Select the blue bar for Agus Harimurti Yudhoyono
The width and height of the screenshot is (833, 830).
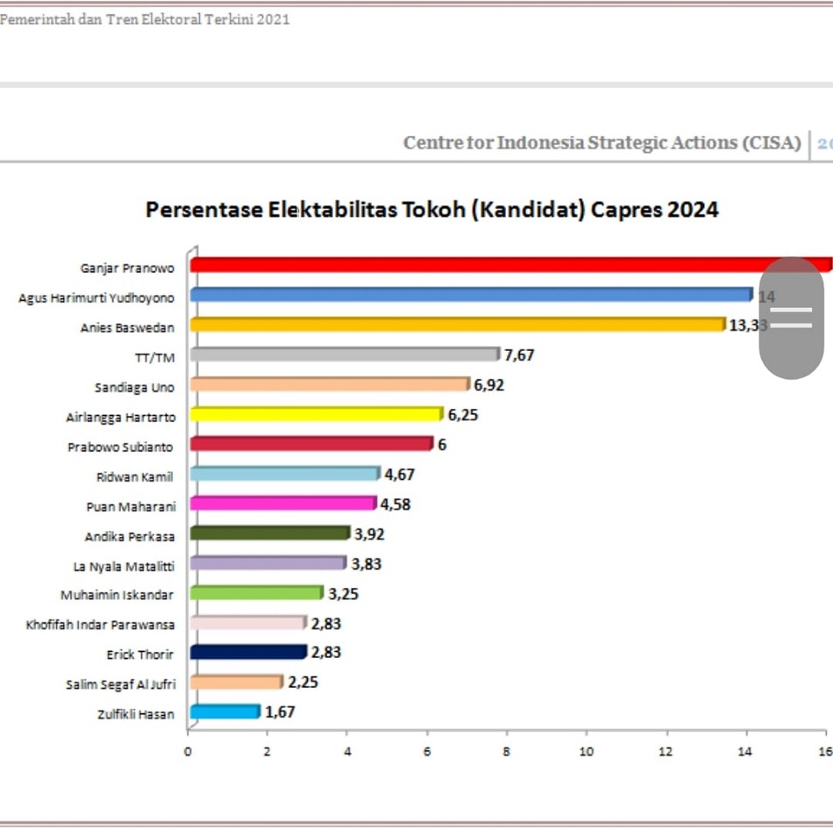tap(470, 295)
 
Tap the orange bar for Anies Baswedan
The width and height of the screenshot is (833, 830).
tap(457, 325)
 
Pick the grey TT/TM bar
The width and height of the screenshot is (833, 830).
tap(344, 354)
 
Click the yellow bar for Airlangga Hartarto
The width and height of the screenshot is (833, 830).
tap(316, 414)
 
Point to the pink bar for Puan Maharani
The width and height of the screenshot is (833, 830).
tap(282, 504)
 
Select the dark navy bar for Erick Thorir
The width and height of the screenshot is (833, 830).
tap(247, 652)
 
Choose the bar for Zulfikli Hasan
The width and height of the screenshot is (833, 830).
tap(224, 712)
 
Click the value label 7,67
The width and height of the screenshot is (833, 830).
tap(519, 354)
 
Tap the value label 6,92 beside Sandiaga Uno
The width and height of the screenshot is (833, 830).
tap(488, 384)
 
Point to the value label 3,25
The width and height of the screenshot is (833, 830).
tap(343, 593)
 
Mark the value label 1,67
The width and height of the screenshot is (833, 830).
tap(280, 712)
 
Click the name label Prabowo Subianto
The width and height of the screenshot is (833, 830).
tap(121, 447)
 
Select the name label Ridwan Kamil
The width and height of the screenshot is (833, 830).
tap(134, 476)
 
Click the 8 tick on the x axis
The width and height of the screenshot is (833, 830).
tap(507, 752)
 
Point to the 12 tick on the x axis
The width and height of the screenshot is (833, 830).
tap(666, 752)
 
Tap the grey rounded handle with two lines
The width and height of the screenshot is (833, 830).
tap(791, 318)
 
